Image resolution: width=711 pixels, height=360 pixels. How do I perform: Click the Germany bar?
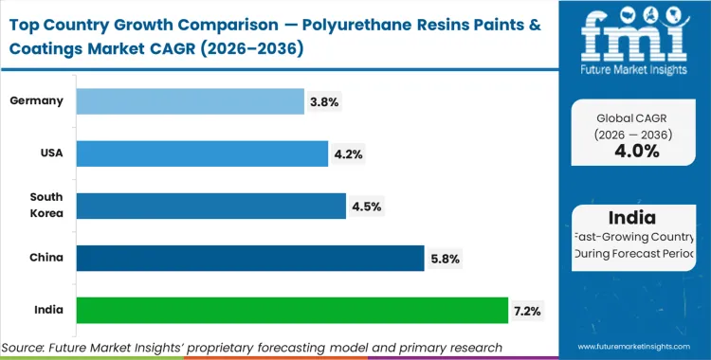pos(190,101)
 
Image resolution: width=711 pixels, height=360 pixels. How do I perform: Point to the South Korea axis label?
pos(46,205)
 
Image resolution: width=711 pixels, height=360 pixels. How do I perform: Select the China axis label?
pos(48,257)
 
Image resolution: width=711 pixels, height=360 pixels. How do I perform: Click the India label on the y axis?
pos(49,309)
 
